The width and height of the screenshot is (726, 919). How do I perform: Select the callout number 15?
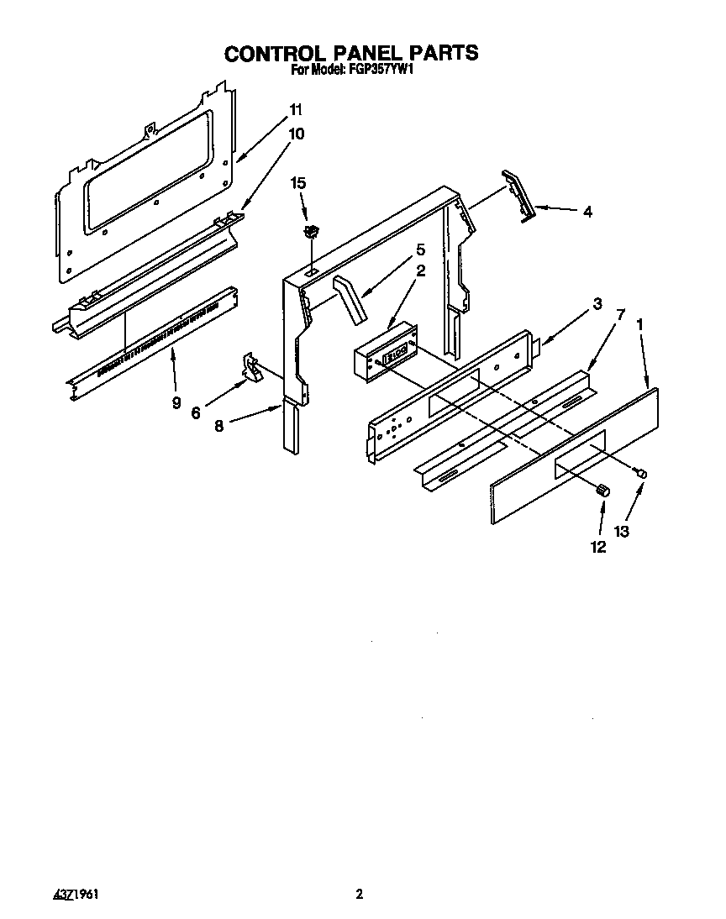coord(297,182)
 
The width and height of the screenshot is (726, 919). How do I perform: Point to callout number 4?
coord(587,212)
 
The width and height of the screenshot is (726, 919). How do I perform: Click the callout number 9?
coord(176,402)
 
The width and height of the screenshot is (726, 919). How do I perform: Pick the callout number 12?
coord(600,547)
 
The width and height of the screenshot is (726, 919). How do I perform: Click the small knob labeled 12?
coord(602,491)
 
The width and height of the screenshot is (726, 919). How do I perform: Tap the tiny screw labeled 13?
coord(643,475)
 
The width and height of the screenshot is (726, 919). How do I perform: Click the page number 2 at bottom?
coord(359,895)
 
